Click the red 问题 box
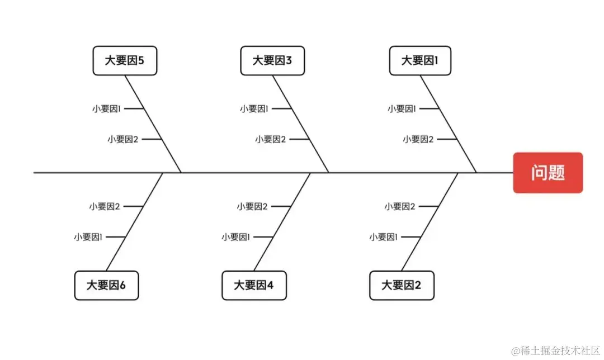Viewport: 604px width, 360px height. [548, 173]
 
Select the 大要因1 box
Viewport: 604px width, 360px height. [420, 60]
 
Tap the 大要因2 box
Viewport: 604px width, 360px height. [402, 286]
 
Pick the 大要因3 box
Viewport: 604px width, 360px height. [272, 60]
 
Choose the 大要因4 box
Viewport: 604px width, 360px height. [254, 286]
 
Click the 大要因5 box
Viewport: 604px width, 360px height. [125, 60]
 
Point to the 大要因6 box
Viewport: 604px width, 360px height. [106, 286]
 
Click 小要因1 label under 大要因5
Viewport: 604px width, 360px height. [107, 109]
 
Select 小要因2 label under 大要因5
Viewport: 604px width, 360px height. [122, 139]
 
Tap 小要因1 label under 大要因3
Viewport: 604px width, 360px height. [254, 109]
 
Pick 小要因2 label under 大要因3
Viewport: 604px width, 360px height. [270, 139]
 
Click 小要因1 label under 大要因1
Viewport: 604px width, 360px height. [402, 109]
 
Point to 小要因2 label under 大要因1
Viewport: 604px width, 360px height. [418, 139]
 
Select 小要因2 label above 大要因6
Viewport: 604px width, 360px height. [104, 206]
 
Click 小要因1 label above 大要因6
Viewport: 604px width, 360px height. [88, 237]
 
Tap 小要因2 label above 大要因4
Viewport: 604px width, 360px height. [252, 206]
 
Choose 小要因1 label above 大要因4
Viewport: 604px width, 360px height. [236, 237]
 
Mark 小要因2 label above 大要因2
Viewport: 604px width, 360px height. [399, 206]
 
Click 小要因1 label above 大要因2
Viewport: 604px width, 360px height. [384, 237]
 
